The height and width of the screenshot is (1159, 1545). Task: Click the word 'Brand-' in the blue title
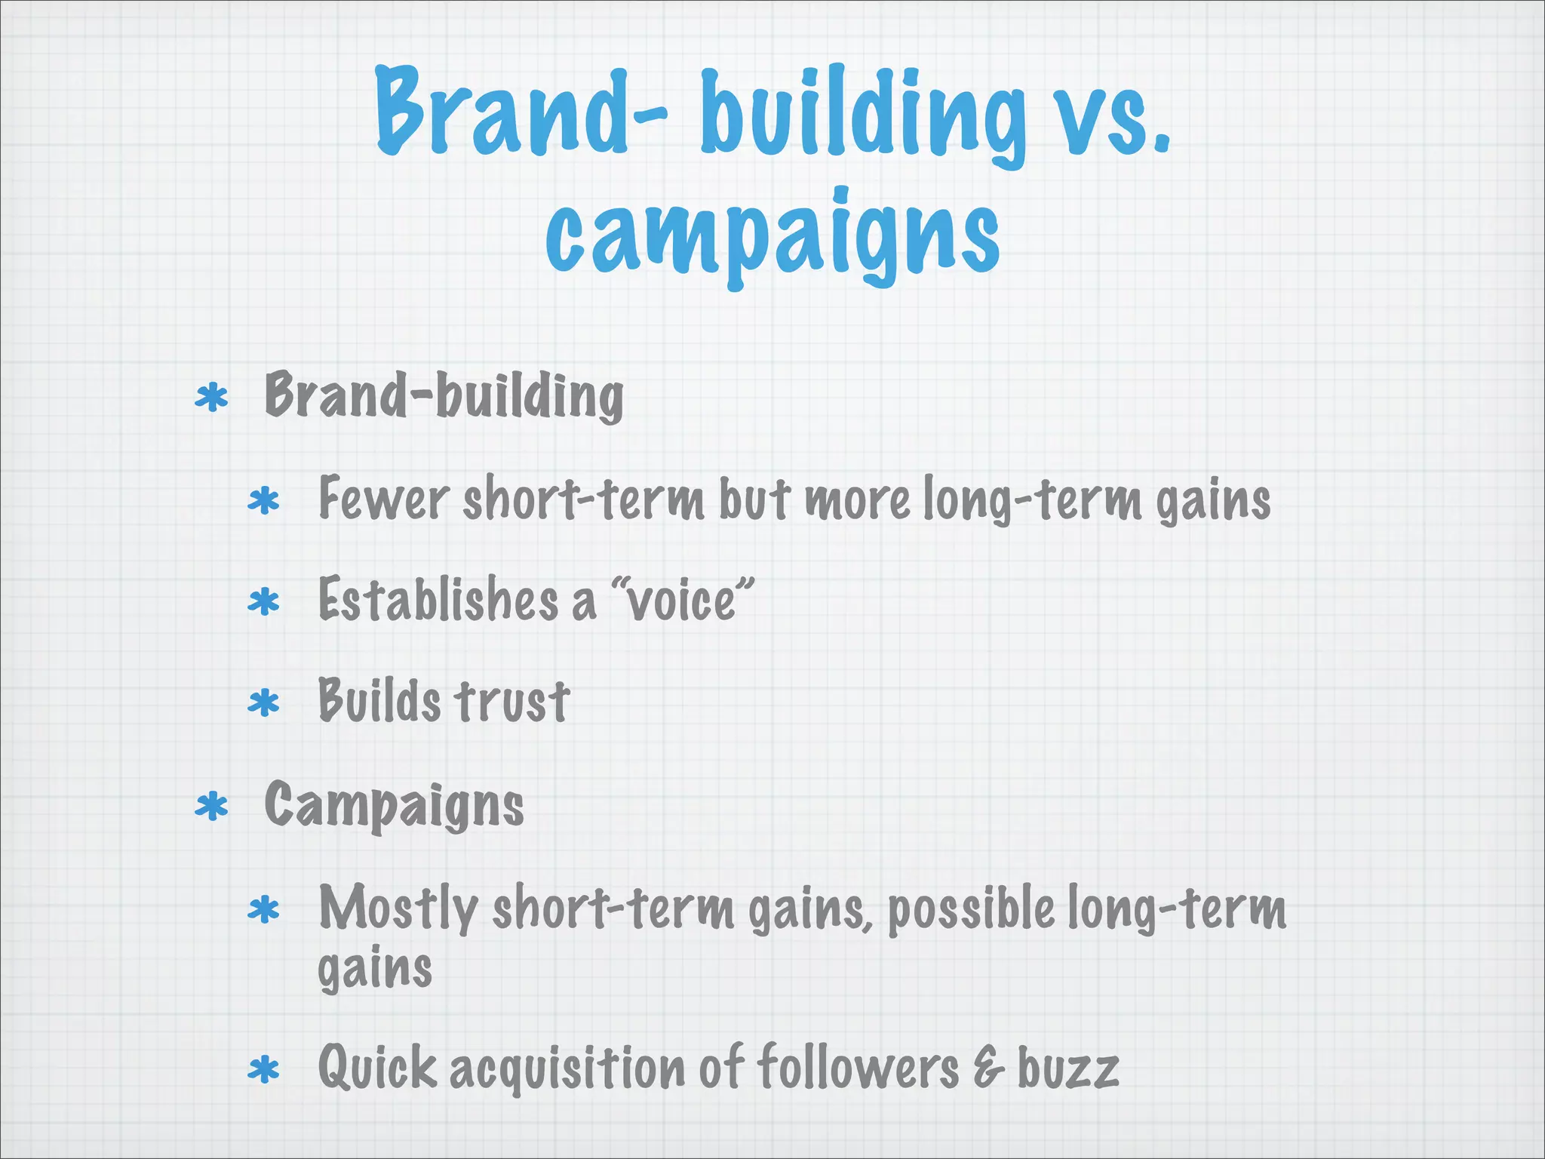click(521, 113)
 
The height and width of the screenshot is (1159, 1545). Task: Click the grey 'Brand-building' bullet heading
click(444, 396)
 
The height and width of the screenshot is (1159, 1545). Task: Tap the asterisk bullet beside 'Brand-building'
click(211, 398)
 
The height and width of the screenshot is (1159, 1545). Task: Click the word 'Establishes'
click(438, 601)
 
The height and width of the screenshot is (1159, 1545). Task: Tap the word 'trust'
click(512, 702)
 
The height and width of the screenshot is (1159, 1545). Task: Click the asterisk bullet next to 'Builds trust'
click(263, 704)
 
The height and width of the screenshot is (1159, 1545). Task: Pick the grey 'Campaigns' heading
click(394, 806)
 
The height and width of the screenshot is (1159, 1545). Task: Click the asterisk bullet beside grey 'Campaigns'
click(211, 807)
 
